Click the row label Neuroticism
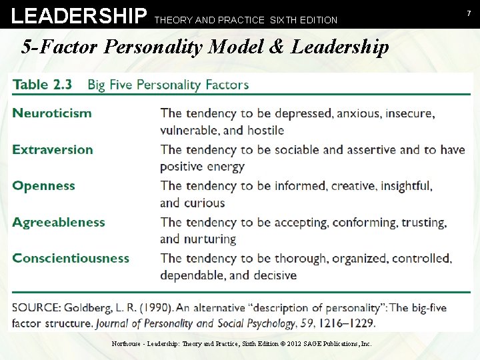pyautogui.click(x=52, y=113)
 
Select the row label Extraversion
pyautogui.click(x=53, y=149)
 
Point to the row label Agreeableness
pyautogui.click(x=59, y=222)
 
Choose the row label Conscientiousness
pyautogui.click(x=71, y=258)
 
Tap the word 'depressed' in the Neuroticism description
pyautogui.click(x=304, y=113)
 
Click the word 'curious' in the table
pyautogui.click(x=205, y=203)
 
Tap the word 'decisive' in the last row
pyautogui.click(x=273, y=275)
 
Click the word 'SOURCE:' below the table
pyautogui.click(x=39, y=308)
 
